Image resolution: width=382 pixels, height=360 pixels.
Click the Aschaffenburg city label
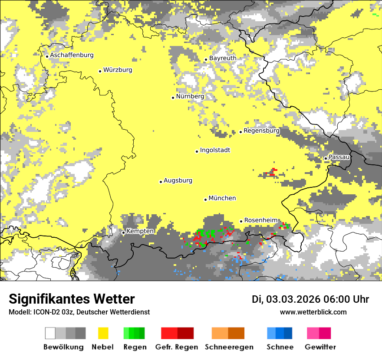click(72, 56)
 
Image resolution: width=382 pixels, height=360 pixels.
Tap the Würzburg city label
click(118, 70)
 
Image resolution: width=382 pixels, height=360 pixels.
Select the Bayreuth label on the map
click(223, 58)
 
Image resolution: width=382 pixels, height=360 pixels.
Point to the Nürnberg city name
click(190, 96)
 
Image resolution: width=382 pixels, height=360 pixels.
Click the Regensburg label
click(261, 131)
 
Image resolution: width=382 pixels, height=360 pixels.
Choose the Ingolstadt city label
click(215, 151)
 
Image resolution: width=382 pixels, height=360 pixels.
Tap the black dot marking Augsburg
click(161, 182)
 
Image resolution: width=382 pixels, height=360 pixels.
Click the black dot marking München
click(205, 200)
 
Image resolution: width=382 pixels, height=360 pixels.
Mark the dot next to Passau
click(326, 158)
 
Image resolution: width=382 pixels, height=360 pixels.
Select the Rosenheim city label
click(260, 220)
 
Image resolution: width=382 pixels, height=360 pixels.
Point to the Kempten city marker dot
click(123, 232)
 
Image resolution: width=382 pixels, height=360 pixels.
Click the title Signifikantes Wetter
click(72, 299)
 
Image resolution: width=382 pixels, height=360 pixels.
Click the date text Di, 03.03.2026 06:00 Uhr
click(310, 299)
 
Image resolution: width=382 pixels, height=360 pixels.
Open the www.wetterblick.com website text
click(313, 312)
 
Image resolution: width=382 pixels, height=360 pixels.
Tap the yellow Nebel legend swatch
click(103, 333)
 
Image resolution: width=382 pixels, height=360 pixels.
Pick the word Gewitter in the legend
click(320, 347)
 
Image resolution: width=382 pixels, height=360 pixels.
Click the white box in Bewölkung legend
click(50, 333)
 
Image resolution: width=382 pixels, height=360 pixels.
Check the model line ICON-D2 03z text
click(79, 312)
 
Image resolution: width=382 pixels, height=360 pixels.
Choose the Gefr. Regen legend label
click(177, 347)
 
